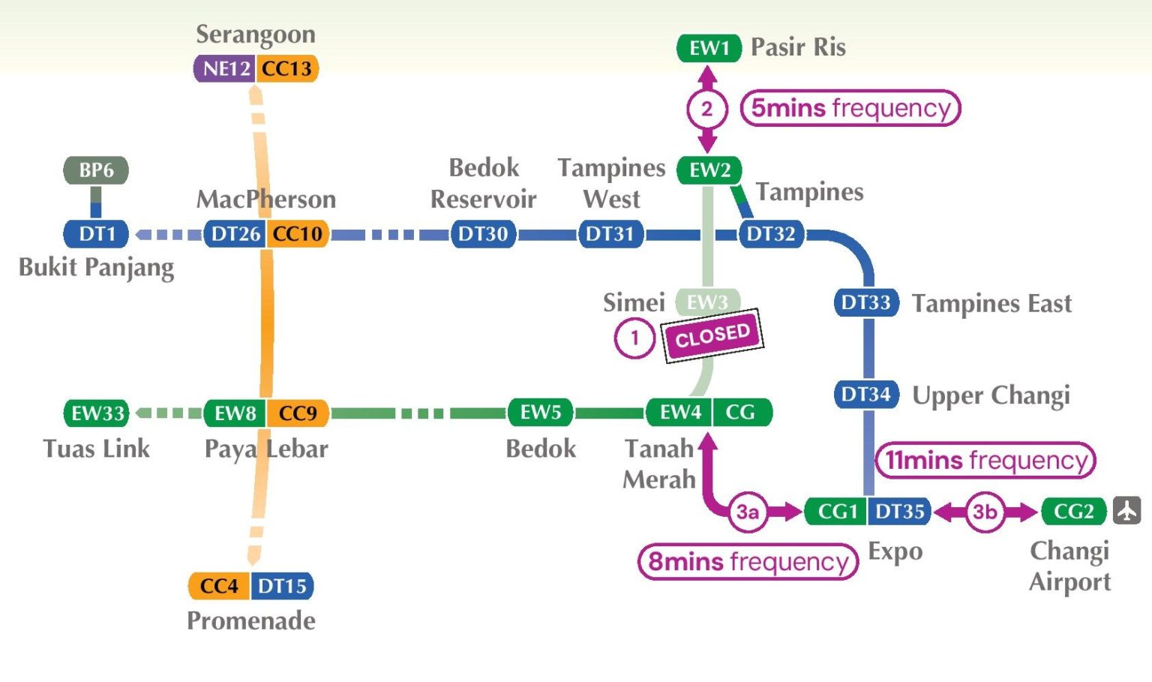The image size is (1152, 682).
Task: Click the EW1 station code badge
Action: (x=709, y=48)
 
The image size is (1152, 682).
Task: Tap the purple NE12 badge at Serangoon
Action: (x=226, y=68)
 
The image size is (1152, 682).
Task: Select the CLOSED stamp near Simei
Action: (x=712, y=335)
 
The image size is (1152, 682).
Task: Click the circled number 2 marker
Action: (x=706, y=109)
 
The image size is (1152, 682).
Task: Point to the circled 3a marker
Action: (x=747, y=512)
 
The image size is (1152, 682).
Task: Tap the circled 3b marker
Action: (x=984, y=512)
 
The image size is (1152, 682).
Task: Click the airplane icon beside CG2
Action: (x=1126, y=511)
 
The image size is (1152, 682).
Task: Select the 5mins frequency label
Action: (x=850, y=108)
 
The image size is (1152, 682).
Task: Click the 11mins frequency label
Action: (x=985, y=460)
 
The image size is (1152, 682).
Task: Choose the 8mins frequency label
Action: (x=748, y=561)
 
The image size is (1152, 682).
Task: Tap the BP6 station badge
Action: (x=96, y=170)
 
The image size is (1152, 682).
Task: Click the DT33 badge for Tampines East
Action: (x=865, y=302)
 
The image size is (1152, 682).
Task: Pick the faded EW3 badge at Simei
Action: (x=707, y=302)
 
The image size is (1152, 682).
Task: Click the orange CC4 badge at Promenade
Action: (x=219, y=586)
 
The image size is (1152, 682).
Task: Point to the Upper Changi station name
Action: (x=990, y=395)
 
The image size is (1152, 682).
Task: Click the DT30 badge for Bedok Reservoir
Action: (x=483, y=234)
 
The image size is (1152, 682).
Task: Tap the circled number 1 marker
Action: (x=634, y=338)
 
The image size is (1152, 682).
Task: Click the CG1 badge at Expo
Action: (x=836, y=512)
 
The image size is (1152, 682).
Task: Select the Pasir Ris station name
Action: (x=798, y=47)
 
